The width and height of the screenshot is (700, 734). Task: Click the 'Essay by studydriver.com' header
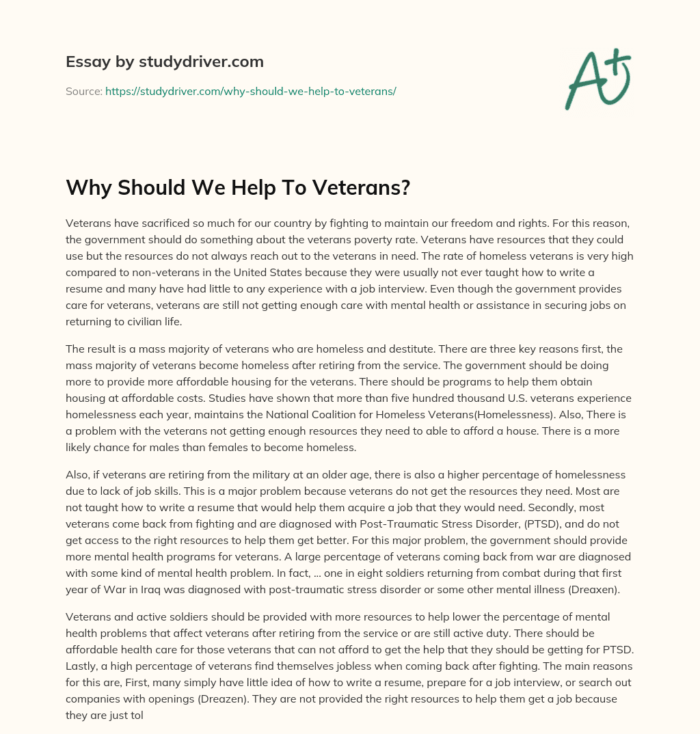[164, 62]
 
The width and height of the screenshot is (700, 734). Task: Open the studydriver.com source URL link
[250, 91]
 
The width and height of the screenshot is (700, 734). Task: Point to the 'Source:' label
[84, 91]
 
